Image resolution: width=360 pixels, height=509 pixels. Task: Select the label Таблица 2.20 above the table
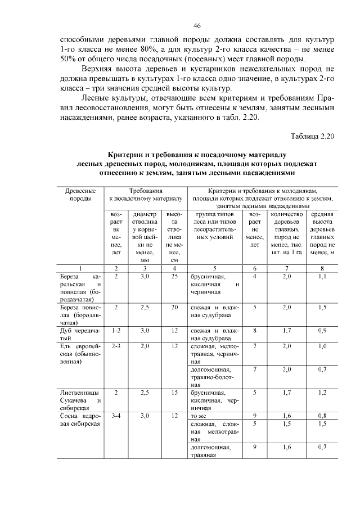313,136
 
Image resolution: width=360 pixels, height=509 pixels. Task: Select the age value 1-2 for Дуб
116,331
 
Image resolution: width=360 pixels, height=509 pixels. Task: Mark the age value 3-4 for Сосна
116,416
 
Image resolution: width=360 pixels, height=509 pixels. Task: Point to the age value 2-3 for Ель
116,346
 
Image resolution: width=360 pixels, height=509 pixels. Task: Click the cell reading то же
198,416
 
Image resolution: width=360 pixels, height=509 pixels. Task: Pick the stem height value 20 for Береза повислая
174,308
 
